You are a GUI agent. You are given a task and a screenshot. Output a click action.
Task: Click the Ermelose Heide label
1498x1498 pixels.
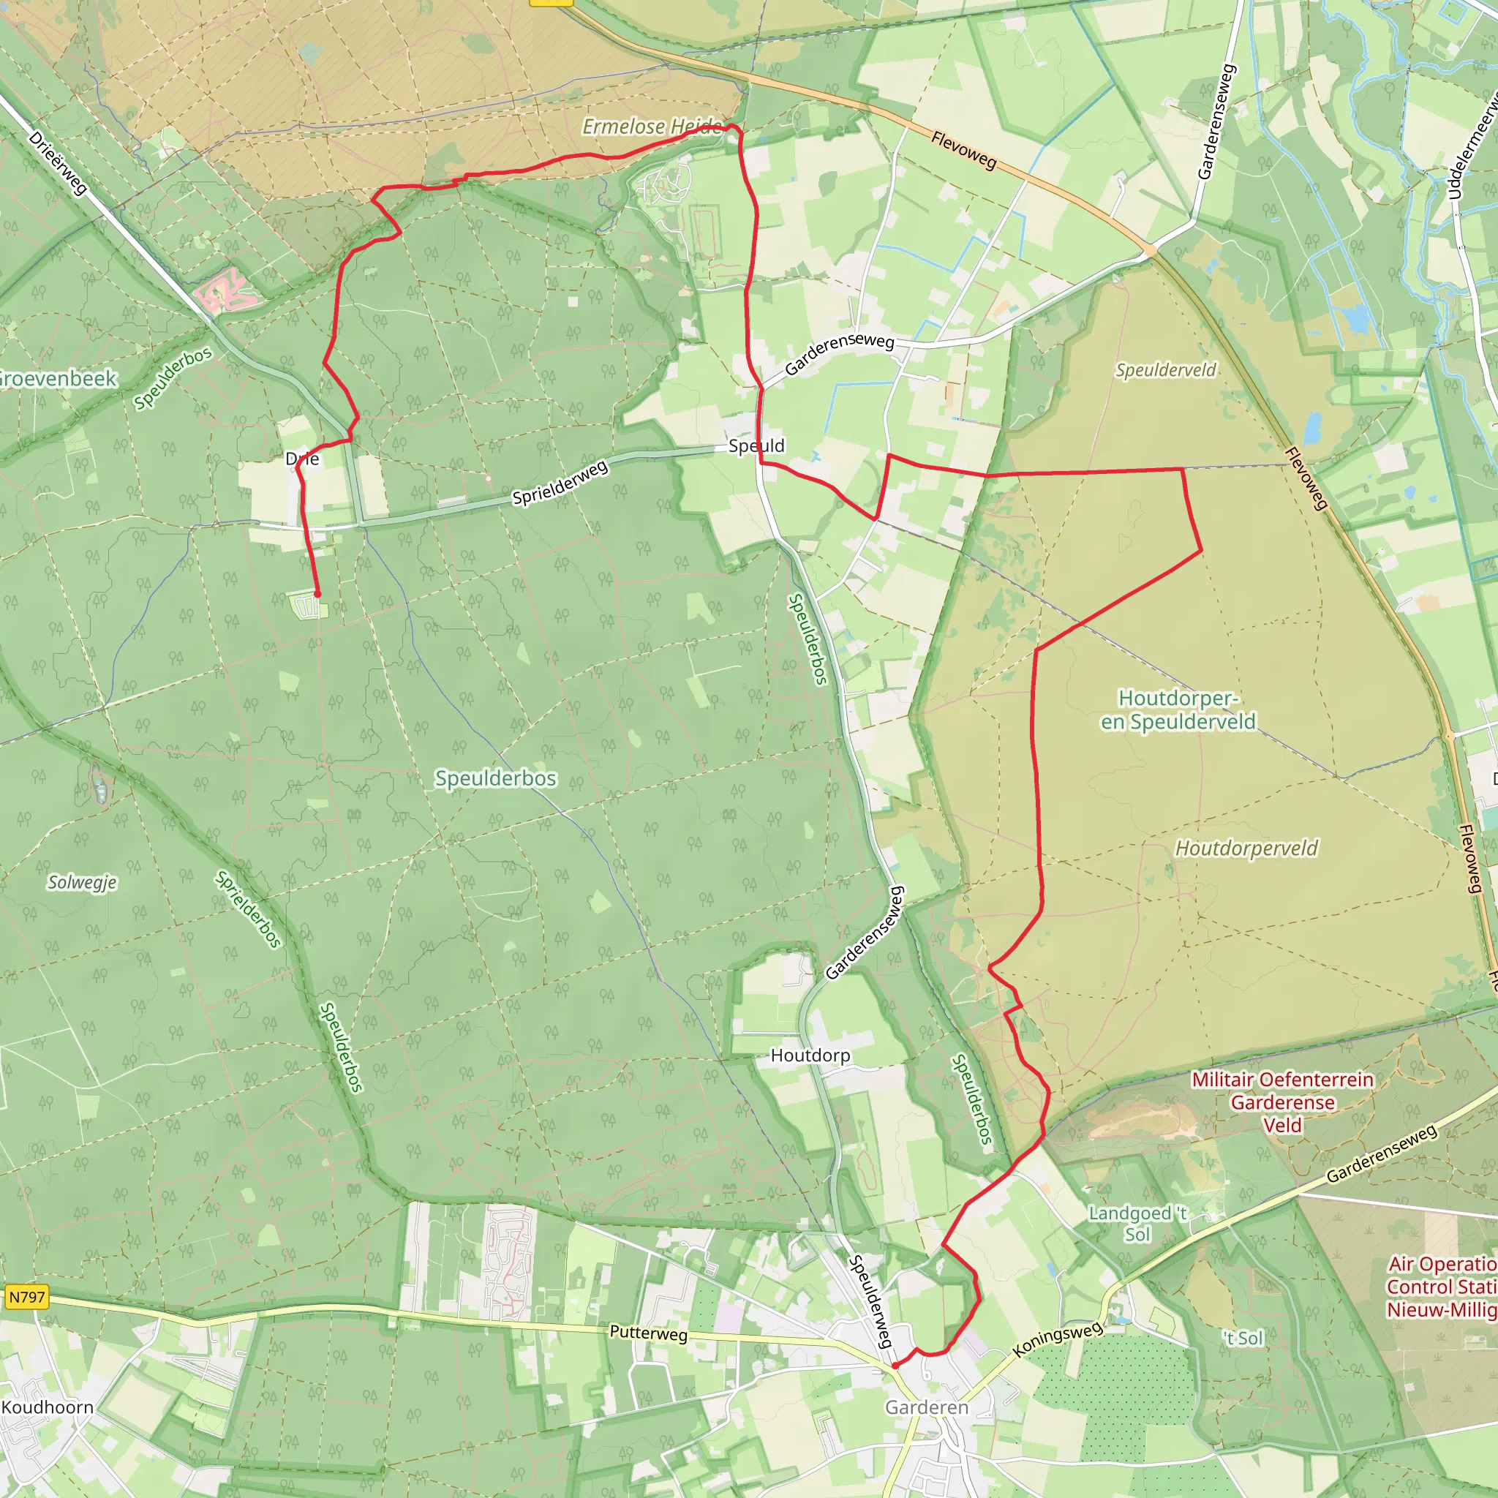(651, 127)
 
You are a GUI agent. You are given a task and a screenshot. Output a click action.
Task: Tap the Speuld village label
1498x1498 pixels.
(756, 446)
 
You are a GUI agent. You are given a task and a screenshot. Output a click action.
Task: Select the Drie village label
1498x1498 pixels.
(302, 459)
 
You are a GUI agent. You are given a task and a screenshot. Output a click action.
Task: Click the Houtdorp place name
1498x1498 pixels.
(810, 1055)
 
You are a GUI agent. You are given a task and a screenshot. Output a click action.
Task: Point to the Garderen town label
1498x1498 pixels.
(927, 1407)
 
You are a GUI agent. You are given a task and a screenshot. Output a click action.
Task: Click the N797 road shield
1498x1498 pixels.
(27, 1297)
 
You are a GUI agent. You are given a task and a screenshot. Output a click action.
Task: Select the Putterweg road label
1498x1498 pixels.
(648, 1333)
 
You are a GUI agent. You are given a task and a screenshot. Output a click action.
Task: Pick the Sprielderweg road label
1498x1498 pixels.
(560, 483)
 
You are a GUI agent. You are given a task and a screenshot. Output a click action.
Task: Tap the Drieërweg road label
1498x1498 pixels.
(59, 163)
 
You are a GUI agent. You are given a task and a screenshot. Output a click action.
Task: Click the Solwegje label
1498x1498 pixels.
(82, 882)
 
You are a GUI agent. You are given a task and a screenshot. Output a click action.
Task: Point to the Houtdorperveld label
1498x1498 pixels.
(1246, 848)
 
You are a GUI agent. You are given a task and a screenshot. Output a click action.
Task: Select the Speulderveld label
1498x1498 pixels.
(1165, 371)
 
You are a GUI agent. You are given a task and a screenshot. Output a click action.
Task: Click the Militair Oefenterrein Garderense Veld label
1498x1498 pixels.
(1282, 1102)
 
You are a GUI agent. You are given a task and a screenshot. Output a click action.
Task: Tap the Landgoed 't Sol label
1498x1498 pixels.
(1137, 1224)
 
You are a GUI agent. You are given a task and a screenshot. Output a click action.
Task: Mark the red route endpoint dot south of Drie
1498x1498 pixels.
(317, 594)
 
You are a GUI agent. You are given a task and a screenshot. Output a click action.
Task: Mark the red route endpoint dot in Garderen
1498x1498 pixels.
(895, 1366)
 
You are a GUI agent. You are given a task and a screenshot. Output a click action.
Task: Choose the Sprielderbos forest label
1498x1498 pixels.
(248, 909)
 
